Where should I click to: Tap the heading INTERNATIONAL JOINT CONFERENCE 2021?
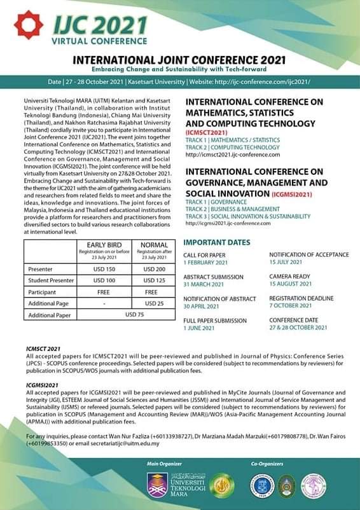(180, 59)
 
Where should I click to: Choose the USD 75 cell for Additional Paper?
(129, 315)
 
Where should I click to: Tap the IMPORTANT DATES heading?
(217, 242)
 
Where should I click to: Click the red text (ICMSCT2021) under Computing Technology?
(207, 132)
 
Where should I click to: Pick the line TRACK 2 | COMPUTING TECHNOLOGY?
(232, 147)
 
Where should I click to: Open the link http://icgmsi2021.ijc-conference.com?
(228, 223)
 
